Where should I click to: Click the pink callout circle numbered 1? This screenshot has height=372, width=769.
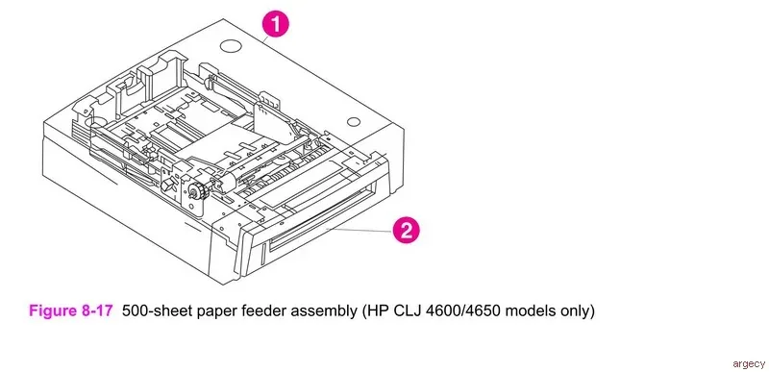(x=276, y=25)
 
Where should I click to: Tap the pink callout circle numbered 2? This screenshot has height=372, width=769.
(x=406, y=230)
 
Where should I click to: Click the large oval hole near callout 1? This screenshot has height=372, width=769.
(x=231, y=46)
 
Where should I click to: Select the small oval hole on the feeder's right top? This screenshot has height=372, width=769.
(x=353, y=121)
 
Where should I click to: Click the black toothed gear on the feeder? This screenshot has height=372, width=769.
(x=197, y=190)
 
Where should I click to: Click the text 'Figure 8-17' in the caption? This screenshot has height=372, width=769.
(x=71, y=310)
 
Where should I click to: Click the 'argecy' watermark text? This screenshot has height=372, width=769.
(x=749, y=363)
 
